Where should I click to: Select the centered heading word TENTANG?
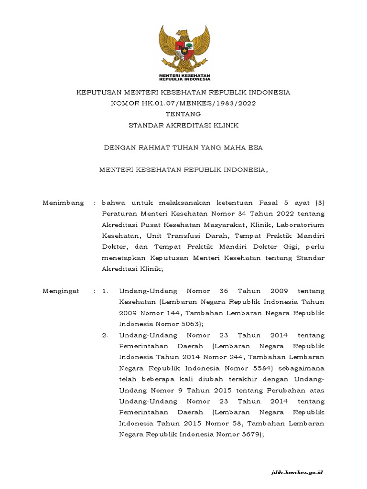point(183,114)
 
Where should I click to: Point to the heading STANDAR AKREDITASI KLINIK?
point(183,126)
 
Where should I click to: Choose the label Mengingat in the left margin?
point(61,290)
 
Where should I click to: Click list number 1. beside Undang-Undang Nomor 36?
point(106,290)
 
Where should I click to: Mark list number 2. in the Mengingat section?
point(106,335)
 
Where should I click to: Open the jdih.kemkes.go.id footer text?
point(297,472)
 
